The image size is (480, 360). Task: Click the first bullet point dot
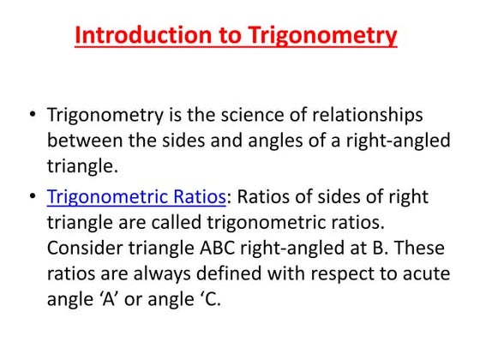point(32,115)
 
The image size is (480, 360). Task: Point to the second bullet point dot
point(32,196)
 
